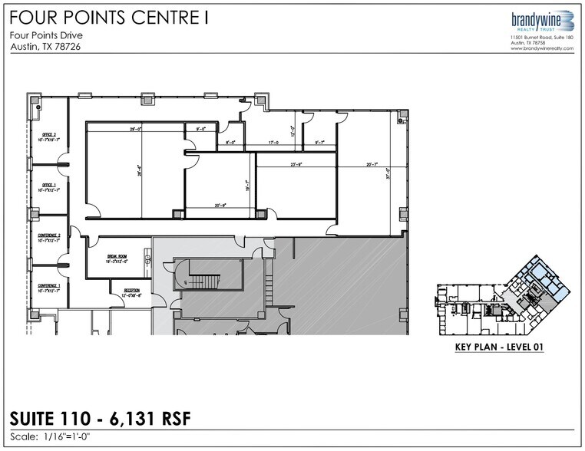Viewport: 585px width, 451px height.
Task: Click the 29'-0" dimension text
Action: [x=137, y=130]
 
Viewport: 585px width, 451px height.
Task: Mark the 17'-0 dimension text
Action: [x=273, y=142]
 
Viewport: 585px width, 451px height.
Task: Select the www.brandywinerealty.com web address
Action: [x=531, y=48]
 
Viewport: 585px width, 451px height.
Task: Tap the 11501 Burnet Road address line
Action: [x=531, y=37]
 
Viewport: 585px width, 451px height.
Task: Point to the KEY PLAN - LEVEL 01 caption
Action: [x=499, y=347]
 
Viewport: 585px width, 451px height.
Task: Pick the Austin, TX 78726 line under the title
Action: [x=46, y=47]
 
